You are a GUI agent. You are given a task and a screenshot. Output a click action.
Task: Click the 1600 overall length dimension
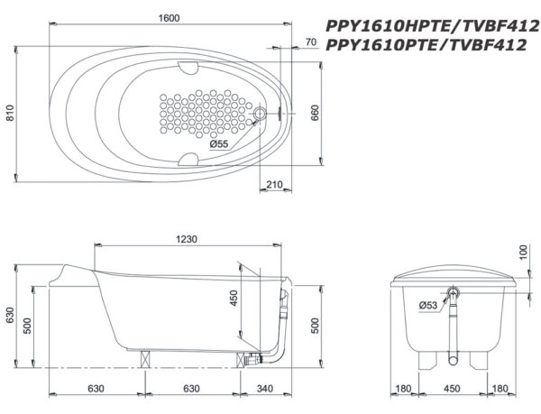point(170,18)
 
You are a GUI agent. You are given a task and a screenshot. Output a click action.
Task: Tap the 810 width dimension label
point(11,113)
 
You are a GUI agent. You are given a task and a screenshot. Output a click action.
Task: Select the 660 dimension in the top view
point(315,113)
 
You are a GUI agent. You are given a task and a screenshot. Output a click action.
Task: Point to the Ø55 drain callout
point(219,144)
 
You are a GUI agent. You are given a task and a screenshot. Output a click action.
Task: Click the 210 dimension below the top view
point(274,185)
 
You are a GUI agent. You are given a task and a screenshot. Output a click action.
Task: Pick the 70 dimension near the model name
point(311,42)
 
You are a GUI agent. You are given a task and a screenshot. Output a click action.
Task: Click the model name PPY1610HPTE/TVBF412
point(432,26)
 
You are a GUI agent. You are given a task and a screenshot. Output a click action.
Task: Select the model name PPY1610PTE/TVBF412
point(426,45)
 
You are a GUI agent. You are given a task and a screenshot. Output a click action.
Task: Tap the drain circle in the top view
point(260,113)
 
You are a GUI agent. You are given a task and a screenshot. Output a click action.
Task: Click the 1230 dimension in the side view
point(187,239)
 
